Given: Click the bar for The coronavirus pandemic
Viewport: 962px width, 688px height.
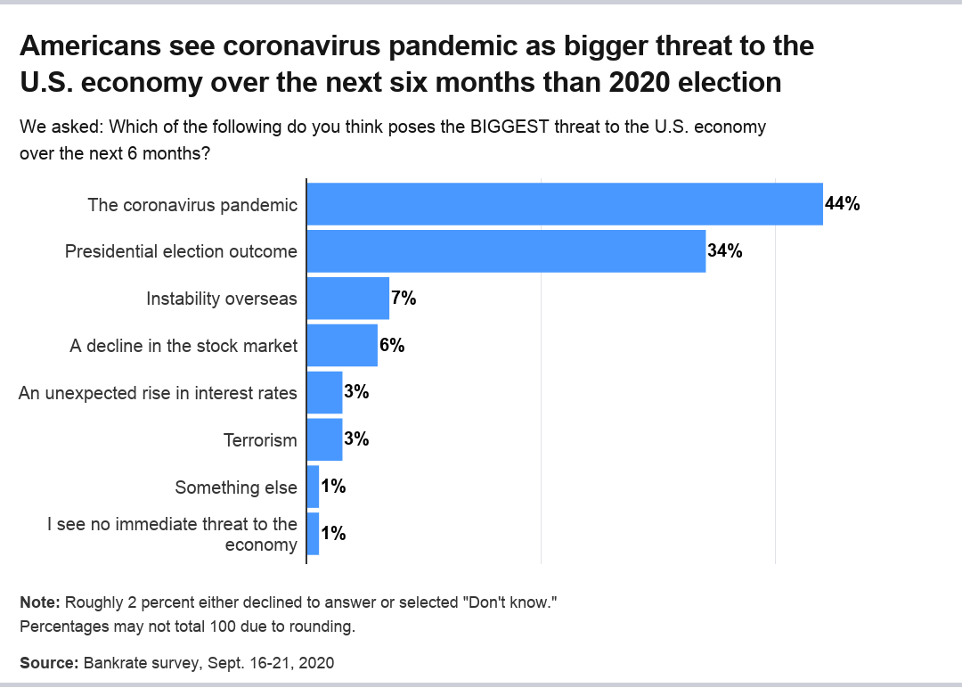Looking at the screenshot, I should (x=565, y=204).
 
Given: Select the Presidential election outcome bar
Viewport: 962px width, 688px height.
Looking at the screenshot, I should (x=506, y=251).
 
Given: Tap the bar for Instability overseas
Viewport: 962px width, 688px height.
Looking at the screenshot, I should (x=348, y=299).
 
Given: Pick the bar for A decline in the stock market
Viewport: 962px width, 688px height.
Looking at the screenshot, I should (x=342, y=346).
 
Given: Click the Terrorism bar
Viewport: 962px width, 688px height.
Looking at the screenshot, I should (x=325, y=439).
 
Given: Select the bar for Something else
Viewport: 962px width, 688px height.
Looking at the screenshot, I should (x=313, y=487).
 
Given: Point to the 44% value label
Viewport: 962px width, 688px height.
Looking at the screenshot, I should (x=842, y=204).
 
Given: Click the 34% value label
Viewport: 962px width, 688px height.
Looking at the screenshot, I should (x=725, y=251).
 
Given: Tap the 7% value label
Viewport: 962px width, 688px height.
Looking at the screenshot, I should (x=404, y=299).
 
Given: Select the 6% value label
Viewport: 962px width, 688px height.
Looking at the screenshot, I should (x=392, y=346).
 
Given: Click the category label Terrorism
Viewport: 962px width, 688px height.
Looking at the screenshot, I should (x=260, y=440).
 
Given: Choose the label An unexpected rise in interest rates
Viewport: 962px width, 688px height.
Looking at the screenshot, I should (x=158, y=393).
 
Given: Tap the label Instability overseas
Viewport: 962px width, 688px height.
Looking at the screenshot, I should (x=222, y=299).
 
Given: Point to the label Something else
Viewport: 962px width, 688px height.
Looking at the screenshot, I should (x=236, y=487).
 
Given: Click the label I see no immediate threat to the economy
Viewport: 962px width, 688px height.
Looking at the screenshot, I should (x=172, y=535).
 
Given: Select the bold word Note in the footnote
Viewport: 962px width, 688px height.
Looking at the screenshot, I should (x=39, y=602).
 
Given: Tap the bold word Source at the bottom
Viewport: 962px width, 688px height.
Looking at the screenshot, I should (x=48, y=663).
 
